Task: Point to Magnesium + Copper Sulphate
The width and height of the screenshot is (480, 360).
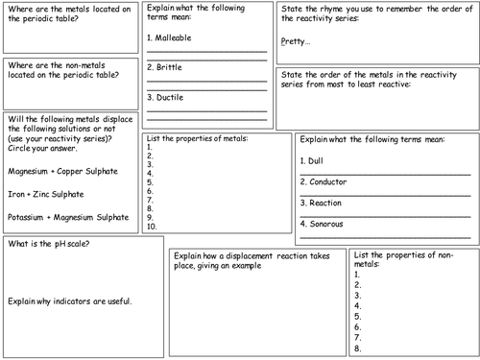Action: point(62,171)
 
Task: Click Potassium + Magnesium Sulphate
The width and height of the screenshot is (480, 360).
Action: point(68,218)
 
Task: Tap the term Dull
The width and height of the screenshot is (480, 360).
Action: point(314,160)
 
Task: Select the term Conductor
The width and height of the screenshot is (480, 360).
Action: point(324,180)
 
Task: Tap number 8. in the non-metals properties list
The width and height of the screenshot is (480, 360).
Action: point(358,348)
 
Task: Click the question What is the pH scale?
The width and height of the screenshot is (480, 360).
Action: point(49,245)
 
